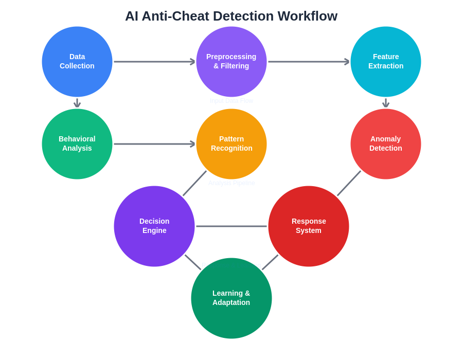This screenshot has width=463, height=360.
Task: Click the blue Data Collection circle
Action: point(77,62)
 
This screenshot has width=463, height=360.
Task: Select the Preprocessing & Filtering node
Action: point(232,62)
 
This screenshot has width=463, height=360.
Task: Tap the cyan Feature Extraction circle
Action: point(386,62)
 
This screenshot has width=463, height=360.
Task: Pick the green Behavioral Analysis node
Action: point(77,144)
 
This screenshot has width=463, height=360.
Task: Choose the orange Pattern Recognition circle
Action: point(232,144)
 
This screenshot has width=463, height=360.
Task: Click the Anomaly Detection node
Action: point(386,144)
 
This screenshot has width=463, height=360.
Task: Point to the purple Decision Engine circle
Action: point(154,226)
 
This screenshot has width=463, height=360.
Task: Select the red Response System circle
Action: point(309,226)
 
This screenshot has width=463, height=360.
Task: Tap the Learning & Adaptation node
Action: point(232,298)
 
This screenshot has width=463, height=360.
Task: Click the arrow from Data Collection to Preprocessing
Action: point(154,62)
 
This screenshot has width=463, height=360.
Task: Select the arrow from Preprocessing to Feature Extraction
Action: point(309,62)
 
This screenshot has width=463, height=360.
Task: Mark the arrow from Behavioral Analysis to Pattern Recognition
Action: point(154,144)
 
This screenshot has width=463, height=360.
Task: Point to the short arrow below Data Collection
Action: point(77,103)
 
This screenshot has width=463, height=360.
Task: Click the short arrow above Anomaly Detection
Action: point(386,103)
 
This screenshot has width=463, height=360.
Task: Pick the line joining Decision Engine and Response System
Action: point(232,226)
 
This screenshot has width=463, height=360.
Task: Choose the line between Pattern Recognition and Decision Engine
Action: point(194,184)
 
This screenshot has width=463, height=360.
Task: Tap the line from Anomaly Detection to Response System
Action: point(349,184)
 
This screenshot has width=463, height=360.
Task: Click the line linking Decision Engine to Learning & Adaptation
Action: point(193,262)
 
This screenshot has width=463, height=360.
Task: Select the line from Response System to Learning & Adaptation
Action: point(270,262)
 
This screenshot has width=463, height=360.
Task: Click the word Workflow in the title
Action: point(308,16)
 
